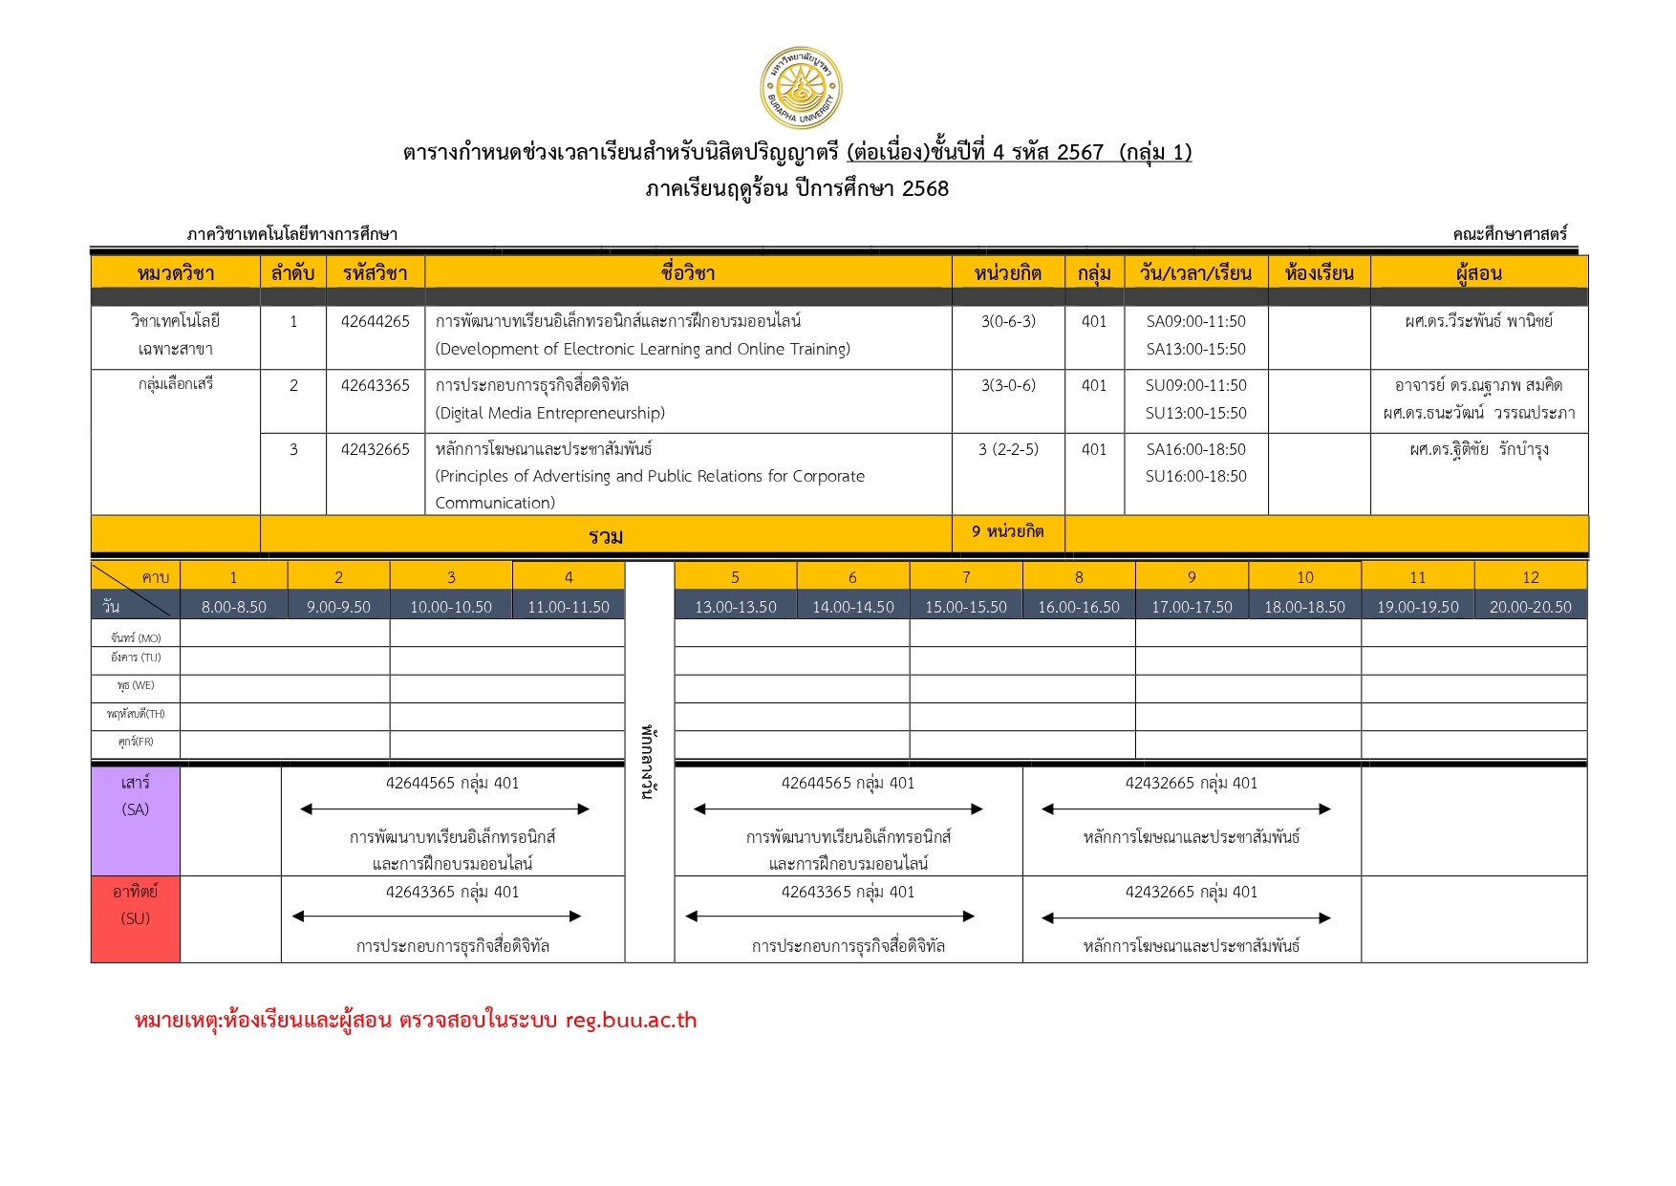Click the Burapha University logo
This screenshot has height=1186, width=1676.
click(801, 88)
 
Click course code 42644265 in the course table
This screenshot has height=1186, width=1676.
click(375, 321)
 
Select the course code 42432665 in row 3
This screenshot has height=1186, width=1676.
click(375, 449)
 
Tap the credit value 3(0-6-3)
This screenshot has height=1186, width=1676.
click(1008, 321)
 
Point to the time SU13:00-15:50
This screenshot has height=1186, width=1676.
click(1195, 413)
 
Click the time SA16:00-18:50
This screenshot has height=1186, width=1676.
click(1195, 449)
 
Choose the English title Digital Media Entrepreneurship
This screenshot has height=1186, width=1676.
click(549, 413)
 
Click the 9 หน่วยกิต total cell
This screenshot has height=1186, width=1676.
click(1007, 531)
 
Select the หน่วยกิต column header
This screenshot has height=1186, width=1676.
click(1007, 273)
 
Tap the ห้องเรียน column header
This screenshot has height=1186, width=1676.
click(1319, 273)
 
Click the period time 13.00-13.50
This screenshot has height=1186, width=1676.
click(735, 607)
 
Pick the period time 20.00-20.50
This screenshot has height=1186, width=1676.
click(1530, 607)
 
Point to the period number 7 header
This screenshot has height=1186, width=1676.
click(966, 577)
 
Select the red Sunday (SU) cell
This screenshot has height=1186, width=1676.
click(136, 918)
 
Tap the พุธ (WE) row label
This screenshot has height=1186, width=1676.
click(136, 686)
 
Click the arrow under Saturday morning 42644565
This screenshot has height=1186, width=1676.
click(444, 809)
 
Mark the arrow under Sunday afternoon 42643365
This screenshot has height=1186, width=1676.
click(829, 916)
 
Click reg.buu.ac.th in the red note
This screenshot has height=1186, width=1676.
click(631, 1021)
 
